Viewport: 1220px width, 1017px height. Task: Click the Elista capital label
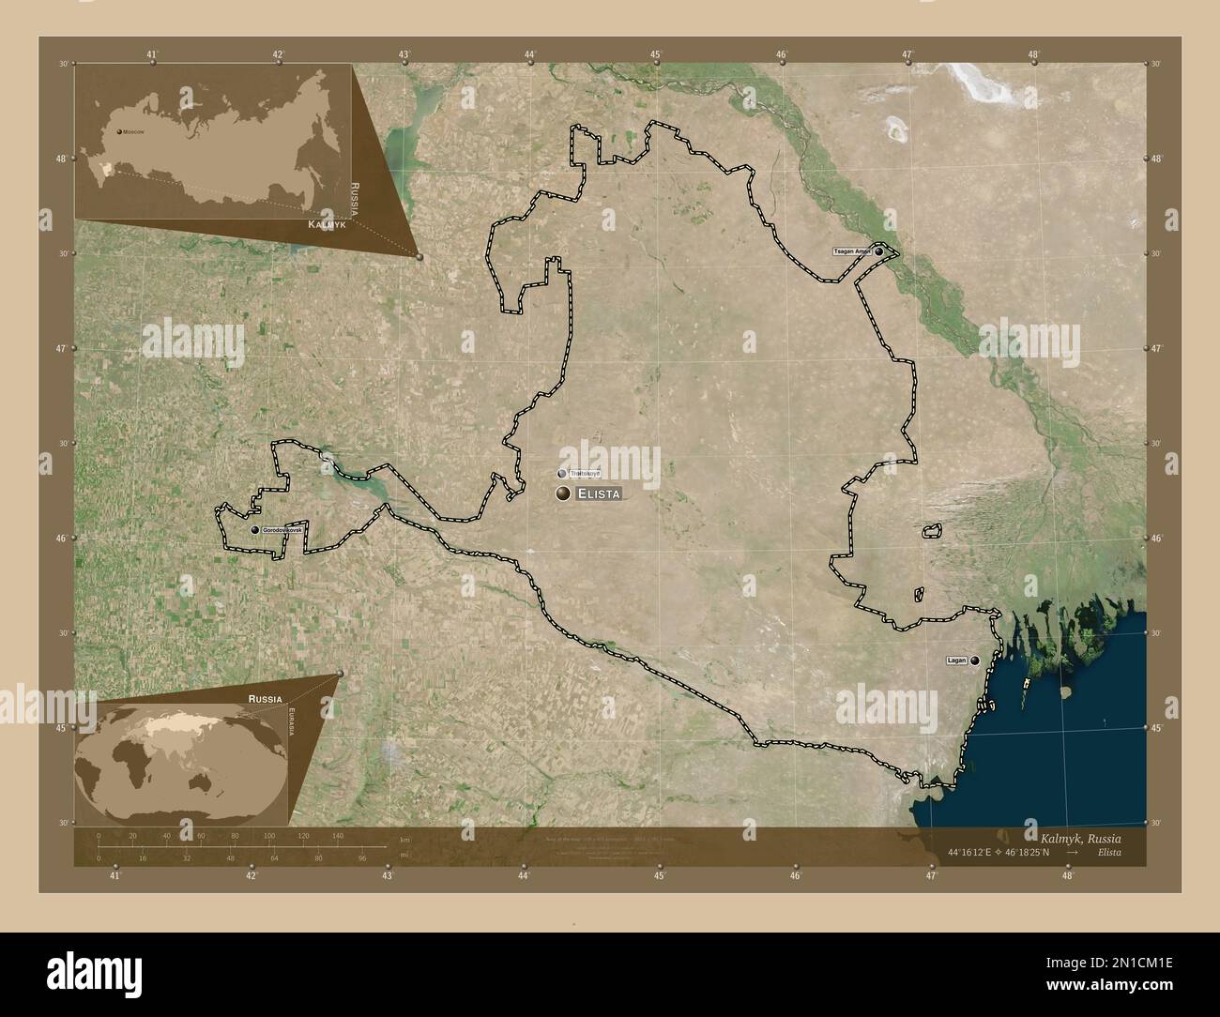tap(599, 493)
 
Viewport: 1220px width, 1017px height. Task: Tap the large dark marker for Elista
tap(563, 493)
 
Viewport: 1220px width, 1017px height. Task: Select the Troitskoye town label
tap(585, 474)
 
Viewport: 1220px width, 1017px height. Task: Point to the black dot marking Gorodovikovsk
tap(254, 530)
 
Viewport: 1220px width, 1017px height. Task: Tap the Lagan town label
tap(956, 660)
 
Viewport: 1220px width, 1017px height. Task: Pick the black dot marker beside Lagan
tap(976, 660)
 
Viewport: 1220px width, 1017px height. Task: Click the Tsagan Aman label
tap(851, 251)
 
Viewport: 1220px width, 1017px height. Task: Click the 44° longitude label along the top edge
tap(530, 55)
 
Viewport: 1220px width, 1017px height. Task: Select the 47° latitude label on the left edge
tap(61, 348)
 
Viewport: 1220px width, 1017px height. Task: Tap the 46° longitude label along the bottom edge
tap(795, 875)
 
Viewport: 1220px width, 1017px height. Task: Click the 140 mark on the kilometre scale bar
tap(338, 834)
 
